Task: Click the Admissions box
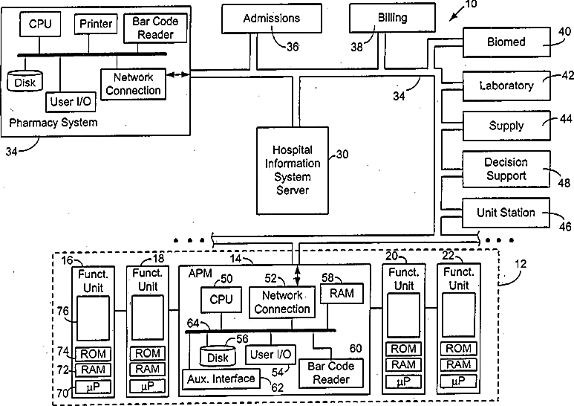272,19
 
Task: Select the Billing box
392,18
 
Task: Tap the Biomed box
506,42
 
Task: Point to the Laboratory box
506,86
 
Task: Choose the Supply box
506,126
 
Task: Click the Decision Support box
506,169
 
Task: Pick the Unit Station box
506,213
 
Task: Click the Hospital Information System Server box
293,170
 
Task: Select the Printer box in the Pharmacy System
96,25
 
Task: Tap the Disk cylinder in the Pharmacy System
25,81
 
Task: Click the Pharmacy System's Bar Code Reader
156,28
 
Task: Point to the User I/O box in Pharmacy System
71,102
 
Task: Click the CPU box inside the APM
221,300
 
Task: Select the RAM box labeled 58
342,293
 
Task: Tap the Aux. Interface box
221,379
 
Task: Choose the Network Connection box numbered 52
282,302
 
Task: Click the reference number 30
342,154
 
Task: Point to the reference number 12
521,264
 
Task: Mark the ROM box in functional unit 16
93,354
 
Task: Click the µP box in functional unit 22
459,381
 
